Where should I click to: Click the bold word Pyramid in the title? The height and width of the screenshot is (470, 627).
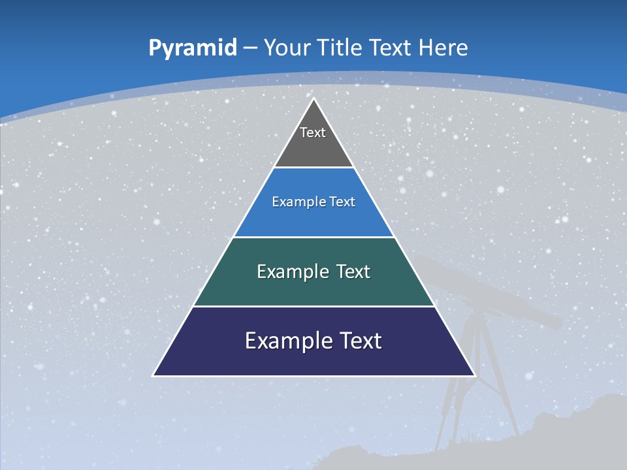[193, 48]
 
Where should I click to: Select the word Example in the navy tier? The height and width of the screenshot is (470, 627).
[285, 341]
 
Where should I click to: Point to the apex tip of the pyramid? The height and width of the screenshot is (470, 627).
[313, 99]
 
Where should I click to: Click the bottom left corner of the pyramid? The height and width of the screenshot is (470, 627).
[154, 375]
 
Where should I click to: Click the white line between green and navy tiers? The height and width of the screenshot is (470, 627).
[313, 306]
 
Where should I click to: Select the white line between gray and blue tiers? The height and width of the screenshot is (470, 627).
[313, 168]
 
